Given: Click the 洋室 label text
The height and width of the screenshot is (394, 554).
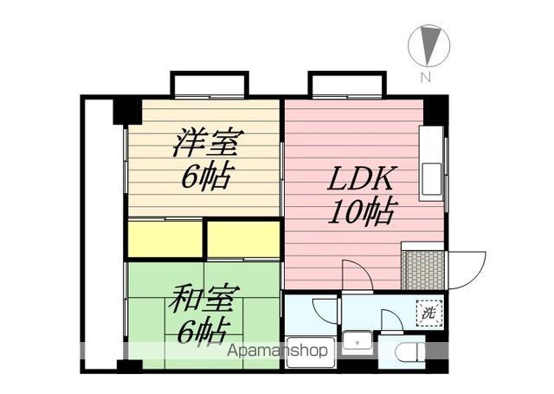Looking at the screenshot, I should (207, 141).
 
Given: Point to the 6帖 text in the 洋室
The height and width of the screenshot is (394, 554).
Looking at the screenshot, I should (205, 176).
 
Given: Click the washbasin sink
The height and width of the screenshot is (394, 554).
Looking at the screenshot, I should (357, 340).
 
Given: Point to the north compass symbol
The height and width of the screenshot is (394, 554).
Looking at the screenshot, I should (428, 43).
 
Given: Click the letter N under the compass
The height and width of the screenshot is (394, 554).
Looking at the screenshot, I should (426, 77).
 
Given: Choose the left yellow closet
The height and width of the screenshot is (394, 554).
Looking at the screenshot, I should (164, 240).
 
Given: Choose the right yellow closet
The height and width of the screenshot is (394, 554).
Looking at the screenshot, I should (244, 240).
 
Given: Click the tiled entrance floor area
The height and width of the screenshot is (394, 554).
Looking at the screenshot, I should (422, 270).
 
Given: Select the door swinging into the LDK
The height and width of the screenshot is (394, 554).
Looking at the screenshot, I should (357, 275).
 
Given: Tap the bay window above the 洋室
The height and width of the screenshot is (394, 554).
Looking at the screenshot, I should (209, 84).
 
